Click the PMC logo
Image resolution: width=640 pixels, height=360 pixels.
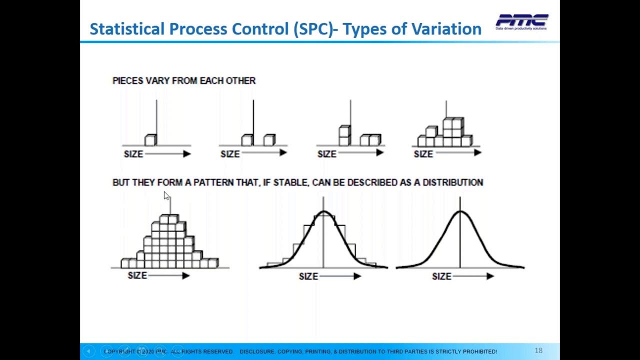[x=521, y=21]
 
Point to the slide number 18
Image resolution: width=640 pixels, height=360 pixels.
[x=538, y=350]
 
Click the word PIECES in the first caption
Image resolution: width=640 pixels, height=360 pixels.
[x=128, y=80]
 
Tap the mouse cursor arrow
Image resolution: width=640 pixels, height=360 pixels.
[x=166, y=195]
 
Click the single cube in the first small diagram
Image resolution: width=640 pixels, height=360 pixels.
[x=150, y=140]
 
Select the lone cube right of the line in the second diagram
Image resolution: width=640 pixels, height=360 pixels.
[x=269, y=140]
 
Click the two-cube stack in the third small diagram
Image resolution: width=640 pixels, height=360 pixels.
[x=344, y=135]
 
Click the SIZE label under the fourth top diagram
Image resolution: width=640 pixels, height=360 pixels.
[x=423, y=154]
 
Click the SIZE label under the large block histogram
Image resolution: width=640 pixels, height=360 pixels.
[x=137, y=275]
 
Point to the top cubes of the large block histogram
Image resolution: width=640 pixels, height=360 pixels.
[x=169, y=219]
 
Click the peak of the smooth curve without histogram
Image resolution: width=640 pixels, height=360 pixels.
[x=460, y=211]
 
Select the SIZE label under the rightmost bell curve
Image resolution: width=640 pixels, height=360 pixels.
[x=441, y=276]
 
